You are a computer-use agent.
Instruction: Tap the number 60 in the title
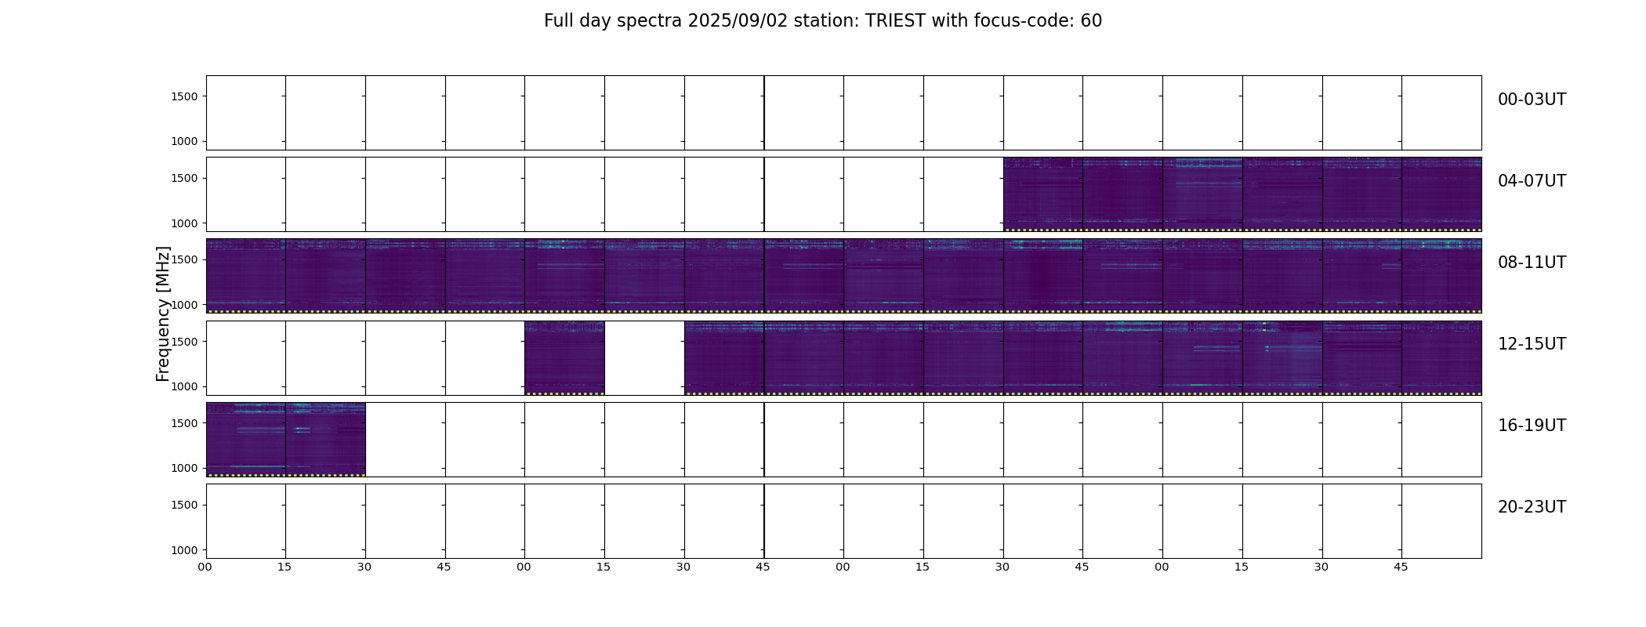click(x=1091, y=21)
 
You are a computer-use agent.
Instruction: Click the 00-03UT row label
click(x=1532, y=100)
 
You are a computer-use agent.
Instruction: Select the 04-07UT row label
click(x=1532, y=181)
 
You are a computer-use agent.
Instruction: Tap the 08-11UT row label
click(x=1532, y=263)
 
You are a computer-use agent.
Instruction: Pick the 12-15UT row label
click(x=1532, y=344)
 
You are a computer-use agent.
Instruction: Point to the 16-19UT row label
click(x=1532, y=426)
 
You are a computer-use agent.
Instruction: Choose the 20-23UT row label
click(x=1532, y=507)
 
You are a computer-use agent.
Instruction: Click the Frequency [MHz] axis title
click(x=163, y=314)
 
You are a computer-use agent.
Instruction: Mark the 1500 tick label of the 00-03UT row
click(x=184, y=96)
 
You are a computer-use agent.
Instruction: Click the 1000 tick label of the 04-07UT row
click(x=184, y=223)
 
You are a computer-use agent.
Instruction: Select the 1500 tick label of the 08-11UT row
click(x=184, y=259)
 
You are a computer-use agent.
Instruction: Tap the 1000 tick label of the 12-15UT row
click(x=184, y=386)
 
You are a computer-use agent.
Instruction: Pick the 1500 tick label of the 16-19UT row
click(x=184, y=423)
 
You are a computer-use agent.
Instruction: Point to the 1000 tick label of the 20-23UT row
click(x=184, y=550)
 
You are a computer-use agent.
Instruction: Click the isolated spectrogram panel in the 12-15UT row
click(x=564, y=357)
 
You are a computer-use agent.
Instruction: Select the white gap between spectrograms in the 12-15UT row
click(x=644, y=357)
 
